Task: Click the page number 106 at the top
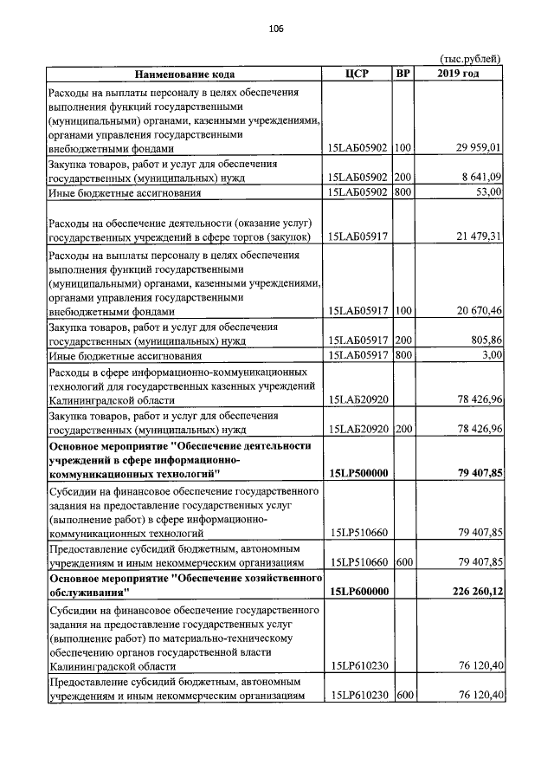coord(276,29)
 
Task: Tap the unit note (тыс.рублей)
coord(470,58)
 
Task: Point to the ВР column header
coord(403,74)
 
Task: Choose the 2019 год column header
coord(459,74)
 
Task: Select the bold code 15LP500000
coord(358,473)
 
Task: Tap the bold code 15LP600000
coord(358,592)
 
